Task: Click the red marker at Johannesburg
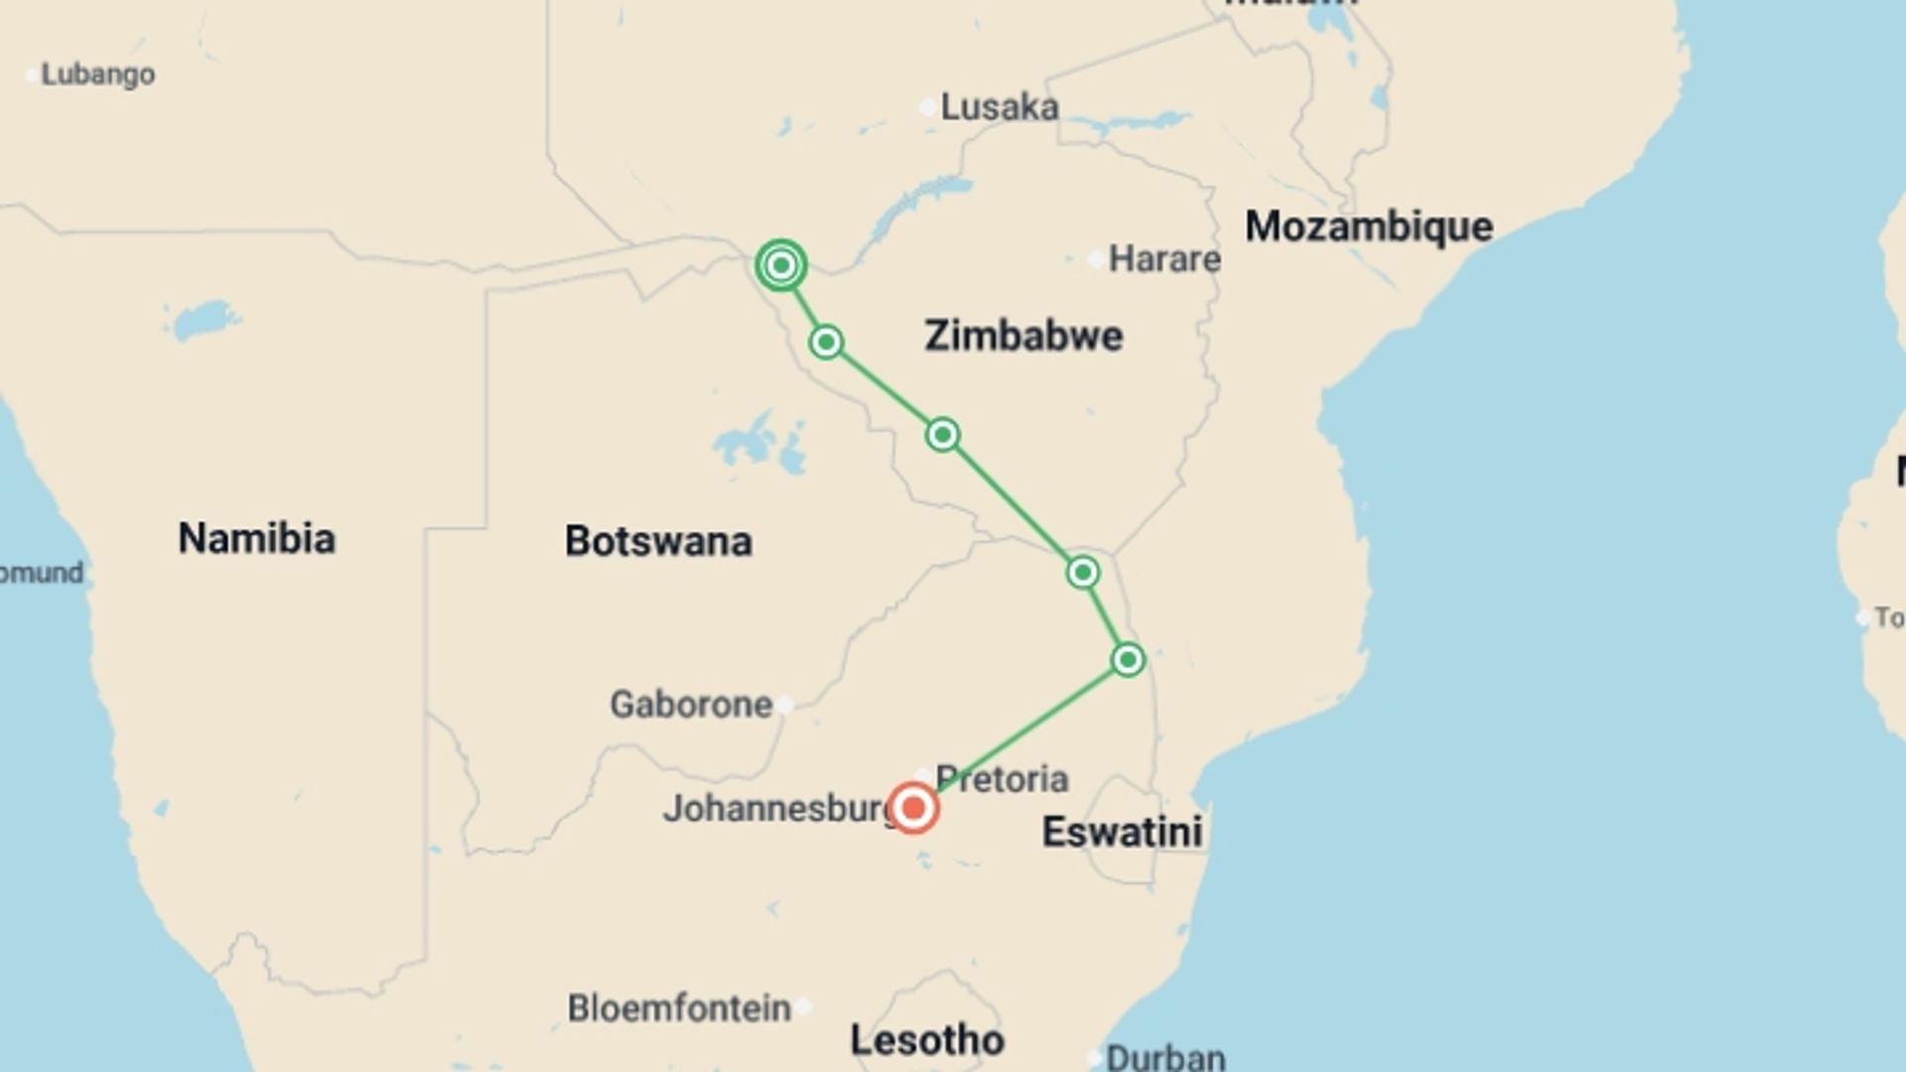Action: (913, 808)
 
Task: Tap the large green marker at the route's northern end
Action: (781, 265)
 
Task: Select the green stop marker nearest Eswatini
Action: (1128, 659)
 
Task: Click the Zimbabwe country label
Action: (1023, 335)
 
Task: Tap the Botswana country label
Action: (658, 541)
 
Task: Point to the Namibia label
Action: (256, 538)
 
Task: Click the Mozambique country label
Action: (1369, 226)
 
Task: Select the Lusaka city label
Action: (999, 107)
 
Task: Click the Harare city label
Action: (1163, 259)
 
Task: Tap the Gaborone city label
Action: (690, 705)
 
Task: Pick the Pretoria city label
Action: (1002, 779)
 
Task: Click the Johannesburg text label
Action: (780, 808)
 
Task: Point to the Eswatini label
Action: (1122, 832)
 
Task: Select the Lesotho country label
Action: (927, 1040)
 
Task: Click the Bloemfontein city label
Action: (679, 1008)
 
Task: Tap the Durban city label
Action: (1165, 1056)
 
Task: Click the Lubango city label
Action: (97, 74)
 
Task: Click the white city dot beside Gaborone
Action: (784, 705)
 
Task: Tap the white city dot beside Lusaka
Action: (927, 106)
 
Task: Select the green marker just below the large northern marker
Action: (826, 342)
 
